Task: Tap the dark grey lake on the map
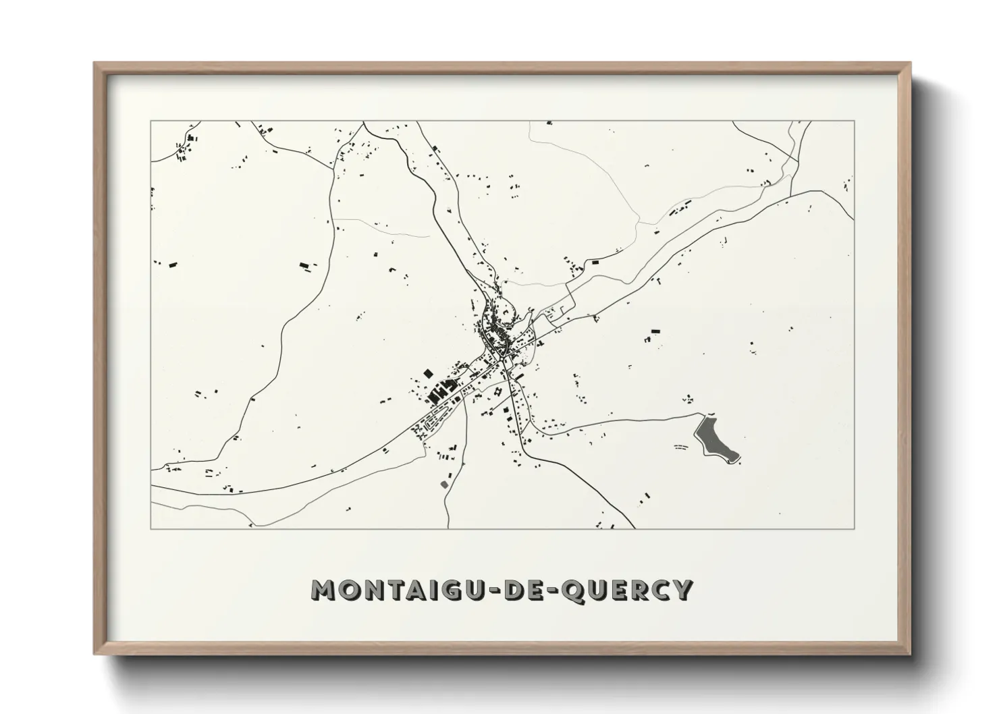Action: point(714,439)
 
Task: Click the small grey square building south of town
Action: point(443,484)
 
